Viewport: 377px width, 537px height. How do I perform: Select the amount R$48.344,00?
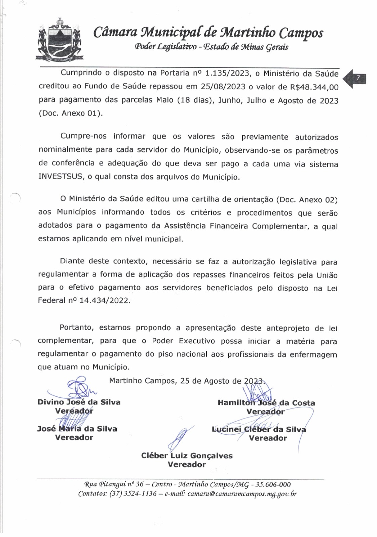coord(314,87)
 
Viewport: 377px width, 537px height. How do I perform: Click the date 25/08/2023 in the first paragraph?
coord(223,87)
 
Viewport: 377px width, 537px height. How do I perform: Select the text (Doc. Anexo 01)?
coord(71,113)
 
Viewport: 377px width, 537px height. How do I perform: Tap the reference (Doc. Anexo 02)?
coord(306,200)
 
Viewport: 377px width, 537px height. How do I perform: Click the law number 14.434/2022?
coord(105,300)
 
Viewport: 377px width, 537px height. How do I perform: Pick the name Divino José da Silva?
coord(79,402)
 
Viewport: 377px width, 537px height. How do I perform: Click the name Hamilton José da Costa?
coord(266,403)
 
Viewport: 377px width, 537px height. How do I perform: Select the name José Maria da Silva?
coord(77,429)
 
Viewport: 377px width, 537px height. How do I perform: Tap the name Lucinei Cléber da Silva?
coord(259,429)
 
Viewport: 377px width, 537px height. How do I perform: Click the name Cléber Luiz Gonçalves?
coord(187,456)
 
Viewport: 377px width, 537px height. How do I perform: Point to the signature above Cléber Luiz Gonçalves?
coord(180,438)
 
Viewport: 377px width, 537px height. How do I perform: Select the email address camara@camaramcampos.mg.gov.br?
coord(242,494)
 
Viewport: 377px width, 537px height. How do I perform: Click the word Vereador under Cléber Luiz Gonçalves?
coord(187,465)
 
